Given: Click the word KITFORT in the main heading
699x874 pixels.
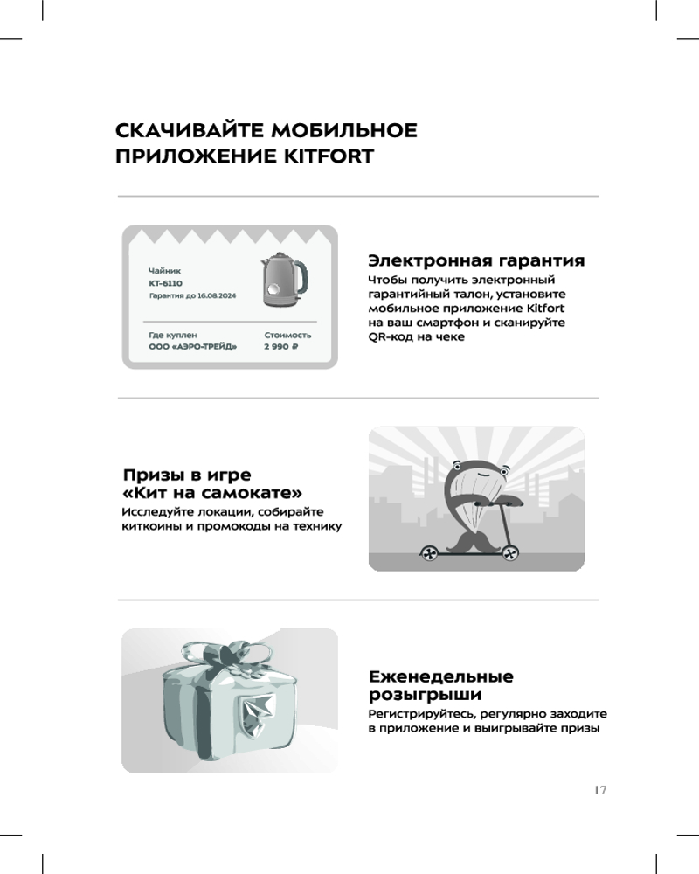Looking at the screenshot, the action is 329,156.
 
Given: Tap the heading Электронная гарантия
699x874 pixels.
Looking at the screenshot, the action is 476,260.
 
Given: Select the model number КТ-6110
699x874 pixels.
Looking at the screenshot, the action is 165,283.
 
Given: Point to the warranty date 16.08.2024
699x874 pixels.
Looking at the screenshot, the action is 217,296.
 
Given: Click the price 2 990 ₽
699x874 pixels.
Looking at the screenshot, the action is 281,347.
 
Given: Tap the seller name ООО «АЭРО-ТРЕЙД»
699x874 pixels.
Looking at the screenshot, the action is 193,347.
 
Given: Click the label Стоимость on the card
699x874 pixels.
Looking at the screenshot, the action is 287,335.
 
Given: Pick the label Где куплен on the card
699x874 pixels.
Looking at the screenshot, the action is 173,335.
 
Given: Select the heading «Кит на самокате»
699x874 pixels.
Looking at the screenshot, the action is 212,493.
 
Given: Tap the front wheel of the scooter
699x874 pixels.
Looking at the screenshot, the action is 509,553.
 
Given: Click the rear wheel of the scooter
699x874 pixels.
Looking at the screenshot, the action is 429,553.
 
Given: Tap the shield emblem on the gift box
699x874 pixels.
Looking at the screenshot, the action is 257,712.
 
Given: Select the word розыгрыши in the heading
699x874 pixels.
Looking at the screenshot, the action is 425,695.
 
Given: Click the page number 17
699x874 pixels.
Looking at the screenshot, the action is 599,790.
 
